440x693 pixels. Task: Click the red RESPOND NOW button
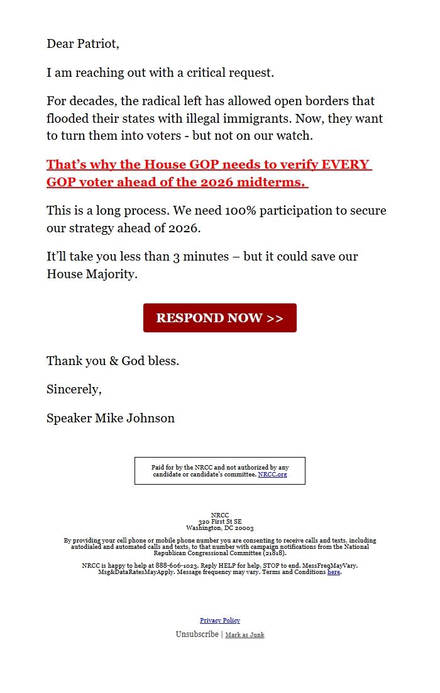[x=219, y=318]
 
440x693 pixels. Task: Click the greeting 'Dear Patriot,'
[x=82, y=44]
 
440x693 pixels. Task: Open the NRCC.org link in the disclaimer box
[x=272, y=475]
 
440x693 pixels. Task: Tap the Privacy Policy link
[x=219, y=621]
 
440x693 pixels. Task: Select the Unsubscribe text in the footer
[x=197, y=634]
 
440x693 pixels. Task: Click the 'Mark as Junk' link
[x=245, y=635]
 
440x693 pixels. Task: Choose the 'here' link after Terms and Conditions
[x=333, y=572]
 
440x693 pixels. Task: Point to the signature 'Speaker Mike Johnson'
[x=111, y=419]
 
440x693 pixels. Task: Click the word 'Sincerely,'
[x=74, y=390]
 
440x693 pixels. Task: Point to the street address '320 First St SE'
[x=219, y=522]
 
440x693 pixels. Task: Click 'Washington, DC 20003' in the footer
[x=219, y=528]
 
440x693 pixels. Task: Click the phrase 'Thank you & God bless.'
[x=113, y=361]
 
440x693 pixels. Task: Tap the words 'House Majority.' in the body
[x=92, y=274]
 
